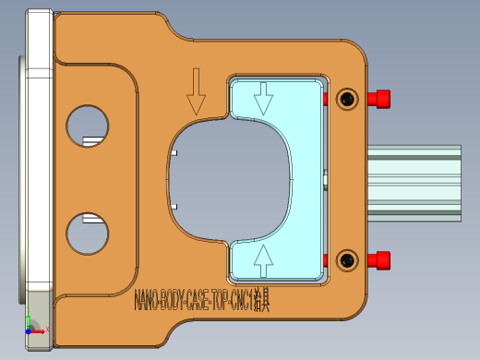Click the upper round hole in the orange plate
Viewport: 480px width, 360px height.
(x=87, y=124)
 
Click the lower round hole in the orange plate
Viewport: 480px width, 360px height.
(x=87, y=232)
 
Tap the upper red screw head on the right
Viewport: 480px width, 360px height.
(x=378, y=99)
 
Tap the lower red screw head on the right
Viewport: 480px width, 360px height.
(x=378, y=260)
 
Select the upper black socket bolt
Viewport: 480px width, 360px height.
(x=347, y=99)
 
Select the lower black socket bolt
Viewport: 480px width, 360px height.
(x=347, y=260)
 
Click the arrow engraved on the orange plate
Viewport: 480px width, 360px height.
(x=196, y=90)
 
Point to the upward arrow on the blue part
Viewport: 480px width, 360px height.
(x=264, y=260)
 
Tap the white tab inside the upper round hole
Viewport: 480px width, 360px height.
(x=91, y=140)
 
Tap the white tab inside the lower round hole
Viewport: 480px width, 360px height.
(x=91, y=219)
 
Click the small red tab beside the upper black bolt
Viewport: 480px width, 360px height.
(x=326, y=98)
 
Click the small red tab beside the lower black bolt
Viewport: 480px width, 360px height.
(x=326, y=258)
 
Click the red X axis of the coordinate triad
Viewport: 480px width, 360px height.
(x=37, y=330)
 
